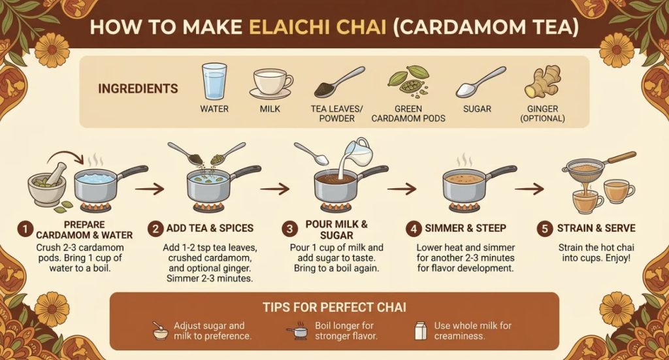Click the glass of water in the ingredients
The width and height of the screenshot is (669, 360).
coord(214,82)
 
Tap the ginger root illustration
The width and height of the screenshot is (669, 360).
coord(542,82)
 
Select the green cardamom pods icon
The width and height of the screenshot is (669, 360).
coord(408,81)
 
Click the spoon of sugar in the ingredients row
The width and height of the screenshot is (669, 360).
coord(481,82)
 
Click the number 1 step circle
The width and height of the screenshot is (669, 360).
coord(25,229)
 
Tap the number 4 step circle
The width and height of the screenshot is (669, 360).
coord(414,229)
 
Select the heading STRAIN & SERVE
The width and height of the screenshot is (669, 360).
coord(596,228)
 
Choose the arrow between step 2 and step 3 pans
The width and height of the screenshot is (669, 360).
coord(275,188)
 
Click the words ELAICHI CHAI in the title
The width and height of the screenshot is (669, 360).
coord(318,27)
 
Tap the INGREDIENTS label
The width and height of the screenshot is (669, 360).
coord(138,88)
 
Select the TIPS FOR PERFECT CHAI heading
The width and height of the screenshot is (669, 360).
coord(334,307)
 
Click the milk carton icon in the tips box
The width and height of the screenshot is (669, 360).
coord(421,331)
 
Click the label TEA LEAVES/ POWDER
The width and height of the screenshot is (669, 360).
coord(336,114)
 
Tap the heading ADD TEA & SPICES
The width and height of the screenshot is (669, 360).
coord(210,228)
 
